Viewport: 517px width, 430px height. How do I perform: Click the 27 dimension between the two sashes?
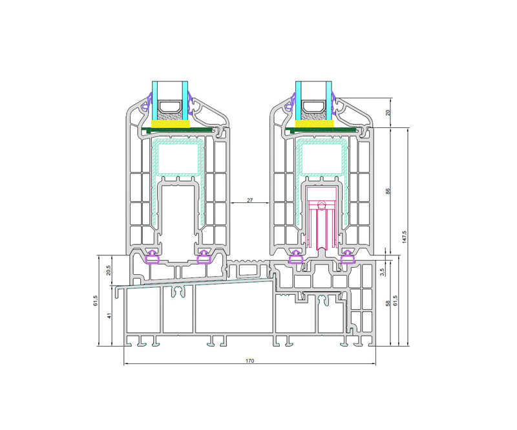(x=249, y=200)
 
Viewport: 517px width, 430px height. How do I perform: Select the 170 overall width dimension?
(x=249, y=361)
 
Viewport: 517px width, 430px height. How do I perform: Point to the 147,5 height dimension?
(x=405, y=237)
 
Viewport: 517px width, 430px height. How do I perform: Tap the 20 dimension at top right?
(x=388, y=113)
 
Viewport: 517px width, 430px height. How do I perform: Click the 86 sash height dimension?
(x=388, y=191)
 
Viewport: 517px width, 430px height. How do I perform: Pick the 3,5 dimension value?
(x=382, y=272)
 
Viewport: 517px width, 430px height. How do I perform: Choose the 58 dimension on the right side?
(x=388, y=303)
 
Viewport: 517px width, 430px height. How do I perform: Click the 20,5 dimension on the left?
(x=108, y=270)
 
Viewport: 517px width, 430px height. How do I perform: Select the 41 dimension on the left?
(x=110, y=316)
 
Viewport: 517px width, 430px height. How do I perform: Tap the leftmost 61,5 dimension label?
(x=96, y=301)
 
